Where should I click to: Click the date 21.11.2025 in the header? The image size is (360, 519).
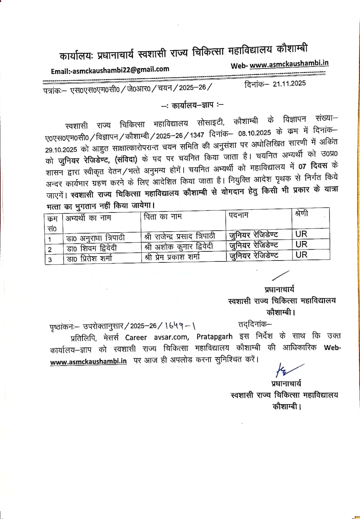click(x=289, y=84)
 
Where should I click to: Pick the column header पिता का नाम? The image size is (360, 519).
click(x=163, y=217)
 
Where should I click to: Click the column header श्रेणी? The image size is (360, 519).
click(x=301, y=213)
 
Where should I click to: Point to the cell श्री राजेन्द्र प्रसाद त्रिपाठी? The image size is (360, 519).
click(x=180, y=236)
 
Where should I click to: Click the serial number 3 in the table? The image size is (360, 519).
click(x=50, y=259)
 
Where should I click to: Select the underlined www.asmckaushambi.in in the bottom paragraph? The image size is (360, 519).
click(x=88, y=362)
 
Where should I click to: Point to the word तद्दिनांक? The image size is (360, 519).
click(x=255, y=324)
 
